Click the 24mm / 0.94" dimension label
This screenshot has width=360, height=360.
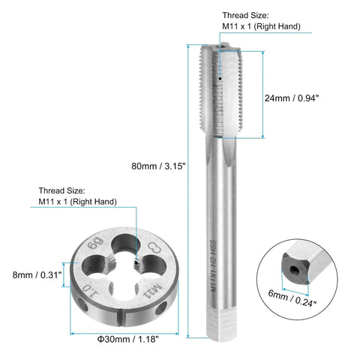pos(292,98)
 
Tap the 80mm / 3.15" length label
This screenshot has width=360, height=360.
pos(158,166)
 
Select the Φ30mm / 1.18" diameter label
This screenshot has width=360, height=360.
pos(127,339)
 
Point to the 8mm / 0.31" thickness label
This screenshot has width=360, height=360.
pos(37,275)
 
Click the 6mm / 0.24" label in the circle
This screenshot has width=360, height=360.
pos(292,298)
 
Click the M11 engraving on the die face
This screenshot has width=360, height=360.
pos(152,290)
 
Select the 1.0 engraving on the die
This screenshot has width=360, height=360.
pos(89,291)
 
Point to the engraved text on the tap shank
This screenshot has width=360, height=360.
pos(213,266)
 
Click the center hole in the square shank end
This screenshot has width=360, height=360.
pos(293,270)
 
